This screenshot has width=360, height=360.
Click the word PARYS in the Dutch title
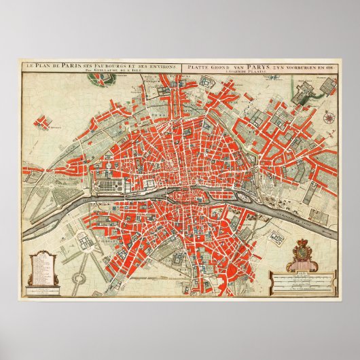[x=238, y=65]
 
